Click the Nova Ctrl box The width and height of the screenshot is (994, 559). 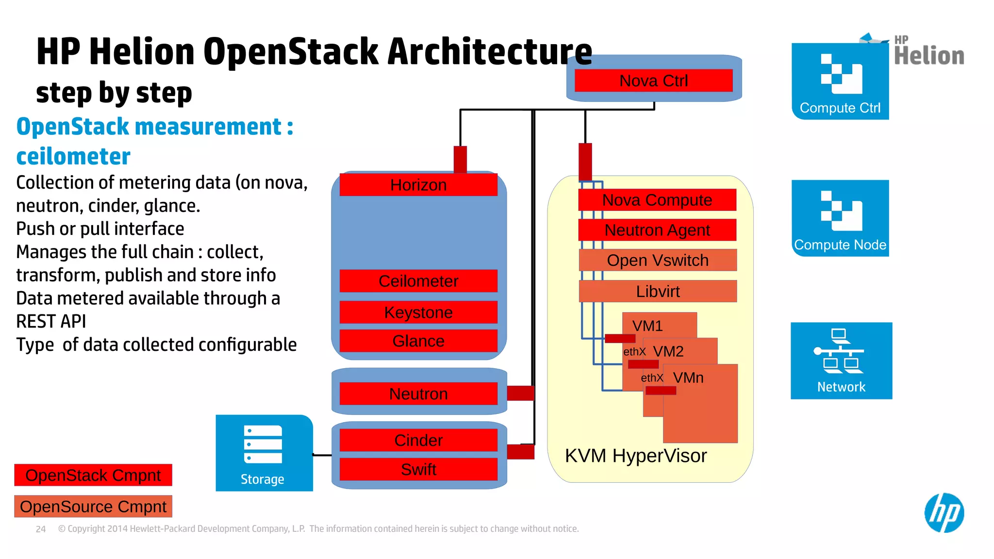coord(653,81)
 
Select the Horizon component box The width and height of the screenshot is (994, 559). coord(418,185)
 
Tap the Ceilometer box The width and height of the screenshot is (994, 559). coord(418,281)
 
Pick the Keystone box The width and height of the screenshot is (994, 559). coord(418,312)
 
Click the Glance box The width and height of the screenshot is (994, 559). coord(418,341)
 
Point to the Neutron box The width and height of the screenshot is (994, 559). coord(418,394)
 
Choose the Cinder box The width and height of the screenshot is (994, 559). coord(418,440)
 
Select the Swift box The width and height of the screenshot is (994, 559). coord(418,469)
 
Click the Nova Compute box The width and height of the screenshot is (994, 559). coord(657,200)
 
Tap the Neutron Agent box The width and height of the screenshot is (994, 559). coord(657,230)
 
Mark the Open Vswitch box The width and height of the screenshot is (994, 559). coord(658,261)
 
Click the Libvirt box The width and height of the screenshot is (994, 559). coord(658,291)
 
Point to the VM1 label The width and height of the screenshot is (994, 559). coord(647,326)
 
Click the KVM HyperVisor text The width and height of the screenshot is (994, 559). coord(636,456)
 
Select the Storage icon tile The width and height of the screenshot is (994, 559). coord(264,453)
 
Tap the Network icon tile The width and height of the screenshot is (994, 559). coord(841,361)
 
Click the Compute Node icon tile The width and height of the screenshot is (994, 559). coord(840,218)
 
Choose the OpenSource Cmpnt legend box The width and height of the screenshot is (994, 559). coord(93,507)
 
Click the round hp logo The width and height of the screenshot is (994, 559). coord(944,513)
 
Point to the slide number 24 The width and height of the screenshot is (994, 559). coord(41,529)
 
